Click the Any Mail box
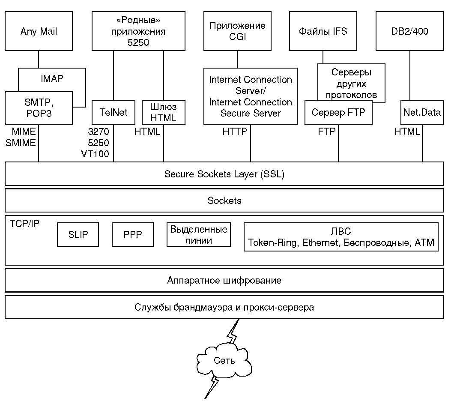coord(39,31)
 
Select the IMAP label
coord(52,78)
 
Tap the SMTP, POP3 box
coord(39,108)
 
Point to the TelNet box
coord(113,112)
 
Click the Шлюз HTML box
coord(164,112)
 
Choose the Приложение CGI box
coord(237,31)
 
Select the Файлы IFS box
coord(323,31)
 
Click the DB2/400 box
coord(410,31)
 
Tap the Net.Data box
coord(422,112)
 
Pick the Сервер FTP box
coord(338,112)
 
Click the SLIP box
coord(78,234)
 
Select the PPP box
coord(133,234)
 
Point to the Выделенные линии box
coord(199,234)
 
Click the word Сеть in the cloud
coord(224,360)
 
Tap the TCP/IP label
coord(24,224)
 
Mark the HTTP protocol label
coord(235,132)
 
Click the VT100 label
coord(95,154)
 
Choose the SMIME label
coord(21,143)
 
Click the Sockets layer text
coord(224,201)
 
